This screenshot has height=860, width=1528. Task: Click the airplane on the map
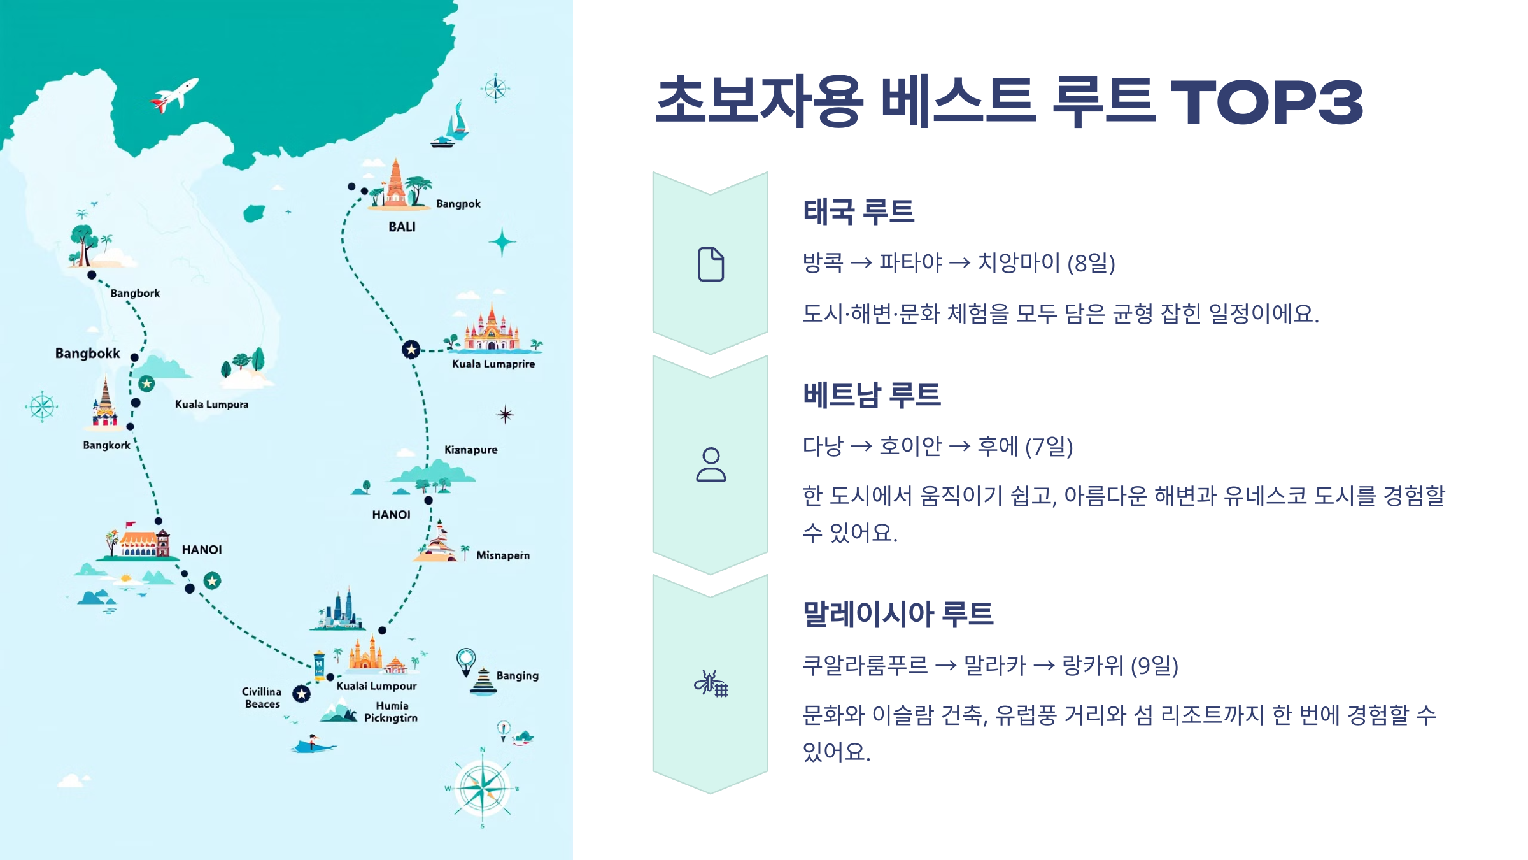174,95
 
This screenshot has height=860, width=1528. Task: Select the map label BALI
402,227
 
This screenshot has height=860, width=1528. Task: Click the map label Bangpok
458,204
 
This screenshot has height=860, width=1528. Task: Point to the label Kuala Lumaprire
493,364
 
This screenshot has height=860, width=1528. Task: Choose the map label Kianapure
470,450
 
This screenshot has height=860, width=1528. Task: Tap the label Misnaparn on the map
502,555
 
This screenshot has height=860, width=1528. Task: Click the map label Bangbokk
87,354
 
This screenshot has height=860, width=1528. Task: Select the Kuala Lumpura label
211,405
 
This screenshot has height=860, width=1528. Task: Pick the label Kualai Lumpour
376,686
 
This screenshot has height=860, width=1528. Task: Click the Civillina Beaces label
262,698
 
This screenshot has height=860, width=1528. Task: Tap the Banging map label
517,675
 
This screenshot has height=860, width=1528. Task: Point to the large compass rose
483,787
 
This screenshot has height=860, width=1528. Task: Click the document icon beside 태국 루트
711,264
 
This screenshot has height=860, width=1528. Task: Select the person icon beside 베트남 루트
711,464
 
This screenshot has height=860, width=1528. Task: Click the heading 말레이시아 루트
898,614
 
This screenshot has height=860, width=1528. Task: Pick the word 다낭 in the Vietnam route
823,446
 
